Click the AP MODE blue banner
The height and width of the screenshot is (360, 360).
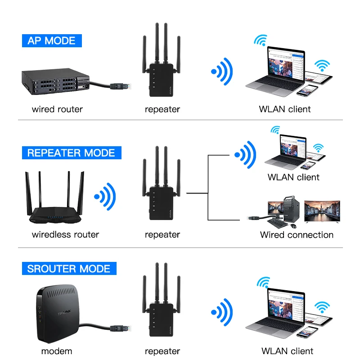(x=52, y=40)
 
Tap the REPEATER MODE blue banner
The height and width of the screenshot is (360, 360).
(x=71, y=153)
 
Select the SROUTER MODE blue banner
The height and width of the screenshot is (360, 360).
(x=69, y=269)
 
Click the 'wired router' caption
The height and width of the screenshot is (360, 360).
(x=57, y=109)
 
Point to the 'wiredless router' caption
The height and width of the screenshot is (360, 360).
(x=65, y=234)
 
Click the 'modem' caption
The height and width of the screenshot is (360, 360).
(x=57, y=351)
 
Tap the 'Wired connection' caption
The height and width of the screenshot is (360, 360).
(x=297, y=234)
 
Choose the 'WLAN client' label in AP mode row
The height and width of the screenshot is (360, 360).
(x=285, y=109)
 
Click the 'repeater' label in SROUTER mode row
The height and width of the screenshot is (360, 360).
(x=162, y=351)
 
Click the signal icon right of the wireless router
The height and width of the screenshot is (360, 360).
(x=105, y=197)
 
